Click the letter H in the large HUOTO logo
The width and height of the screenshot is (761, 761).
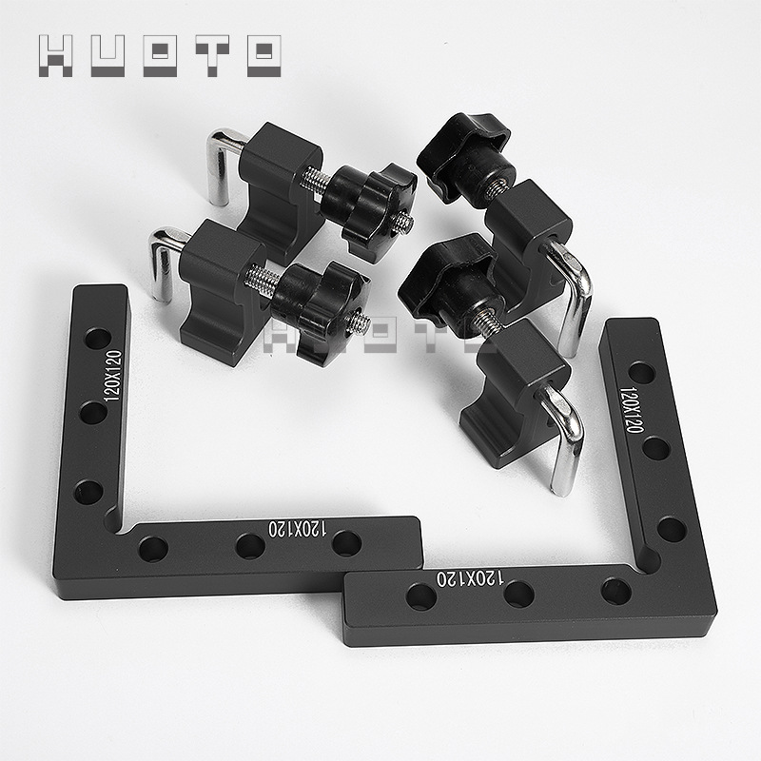pyautogui.click(x=55, y=56)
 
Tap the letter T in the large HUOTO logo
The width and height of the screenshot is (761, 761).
pyautogui.click(x=212, y=56)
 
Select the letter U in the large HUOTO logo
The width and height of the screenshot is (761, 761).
pyautogui.click(x=107, y=56)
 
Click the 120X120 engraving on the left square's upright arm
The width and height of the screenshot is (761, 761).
pyautogui.click(x=113, y=376)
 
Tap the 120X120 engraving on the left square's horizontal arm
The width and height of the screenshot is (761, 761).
pyautogui.click(x=297, y=529)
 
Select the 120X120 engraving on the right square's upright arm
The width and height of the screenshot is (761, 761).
pyautogui.click(x=631, y=410)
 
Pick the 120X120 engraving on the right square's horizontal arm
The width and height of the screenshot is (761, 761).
pyautogui.click(x=470, y=578)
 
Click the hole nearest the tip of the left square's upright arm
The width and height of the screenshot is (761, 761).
pyautogui.click(x=98, y=339)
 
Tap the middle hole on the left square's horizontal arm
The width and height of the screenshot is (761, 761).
pyautogui.click(x=250, y=546)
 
